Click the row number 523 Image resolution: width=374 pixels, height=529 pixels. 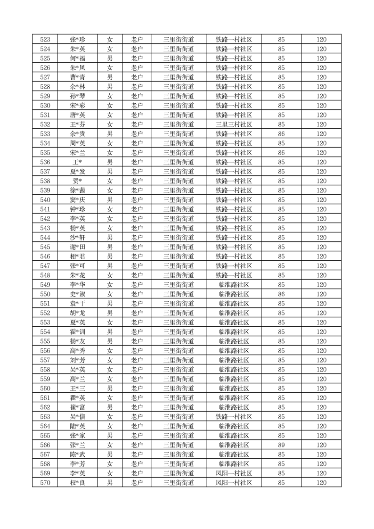point(45,40)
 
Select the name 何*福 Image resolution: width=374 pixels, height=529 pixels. point(77,58)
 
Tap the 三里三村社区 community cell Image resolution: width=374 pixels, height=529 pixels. point(234,124)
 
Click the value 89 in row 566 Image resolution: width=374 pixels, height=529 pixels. point(281,445)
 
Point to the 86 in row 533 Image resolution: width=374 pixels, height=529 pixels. point(281,134)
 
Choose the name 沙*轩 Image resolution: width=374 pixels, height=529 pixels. point(77,238)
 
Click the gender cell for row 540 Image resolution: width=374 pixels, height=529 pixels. point(110,200)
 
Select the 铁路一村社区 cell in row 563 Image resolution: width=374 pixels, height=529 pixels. point(234,417)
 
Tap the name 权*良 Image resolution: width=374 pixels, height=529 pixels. point(77,483)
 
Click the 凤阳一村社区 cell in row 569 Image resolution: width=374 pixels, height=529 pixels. point(234,473)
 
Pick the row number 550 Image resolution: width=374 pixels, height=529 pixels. point(45,294)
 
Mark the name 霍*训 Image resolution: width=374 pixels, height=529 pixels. point(77,332)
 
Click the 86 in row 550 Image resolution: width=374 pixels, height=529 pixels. point(281,294)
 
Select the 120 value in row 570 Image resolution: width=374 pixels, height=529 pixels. point(321,483)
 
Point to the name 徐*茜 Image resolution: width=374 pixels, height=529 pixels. point(77,190)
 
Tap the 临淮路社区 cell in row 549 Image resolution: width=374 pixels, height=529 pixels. point(234,285)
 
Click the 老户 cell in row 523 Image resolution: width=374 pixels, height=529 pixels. point(137,40)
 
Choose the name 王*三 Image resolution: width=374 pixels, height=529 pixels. point(77,388)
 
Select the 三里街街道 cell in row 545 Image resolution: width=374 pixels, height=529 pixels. point(179,247)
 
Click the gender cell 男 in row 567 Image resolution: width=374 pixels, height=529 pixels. point(110,455)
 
